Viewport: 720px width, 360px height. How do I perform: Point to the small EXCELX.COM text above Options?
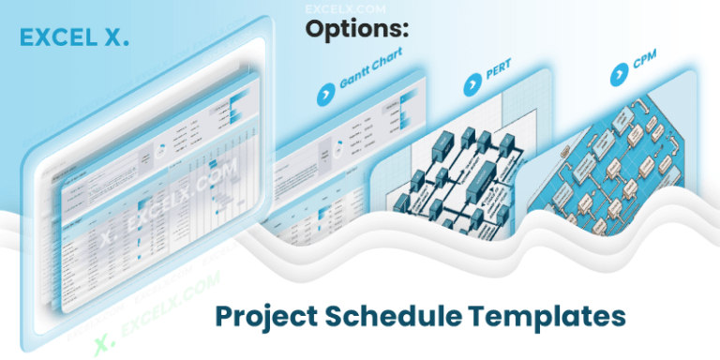point(335,7)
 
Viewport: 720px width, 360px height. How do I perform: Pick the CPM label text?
point(646,69)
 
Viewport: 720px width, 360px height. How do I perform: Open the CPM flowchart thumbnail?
point(619,159)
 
